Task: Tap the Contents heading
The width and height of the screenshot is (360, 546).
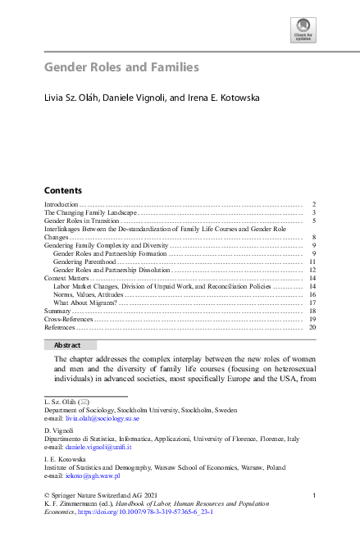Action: click(x=62, y=189)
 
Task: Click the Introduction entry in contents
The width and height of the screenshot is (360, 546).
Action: click(x=61, y=203)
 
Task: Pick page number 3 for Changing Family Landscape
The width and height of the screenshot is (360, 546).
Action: click(x=314, y=212)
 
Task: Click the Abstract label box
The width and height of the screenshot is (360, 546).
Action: click(x=70, y=345)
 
